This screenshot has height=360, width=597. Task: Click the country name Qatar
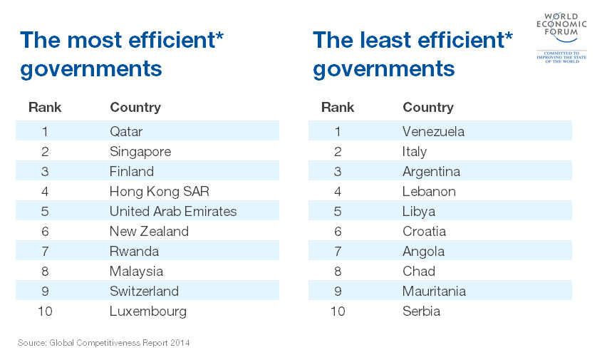pyautogui.click(x=126, y=131)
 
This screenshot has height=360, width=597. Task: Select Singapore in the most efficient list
pyautogui.click(x=140, y=151)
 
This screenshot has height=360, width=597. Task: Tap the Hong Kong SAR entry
pyautogui.click(x=160, y=191)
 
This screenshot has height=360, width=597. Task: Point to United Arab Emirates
pyautogui.click(x=173, y=211)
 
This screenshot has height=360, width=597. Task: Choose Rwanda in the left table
pyautogui.click(x=134, y=251)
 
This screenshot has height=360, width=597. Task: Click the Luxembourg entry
pyautogui.click(x=148, y=311)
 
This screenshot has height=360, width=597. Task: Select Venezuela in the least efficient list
pyautogui.click(x=433, y=131)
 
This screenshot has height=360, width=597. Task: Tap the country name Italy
pyautogui.click(x=415, y=151)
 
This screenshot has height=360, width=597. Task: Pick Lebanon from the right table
pyautogui.click(x=429, y=191)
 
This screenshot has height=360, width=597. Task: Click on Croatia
pyautogui.click(x=424, y=231)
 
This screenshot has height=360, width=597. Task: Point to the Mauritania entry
pyautogui.click(x=434, y=291)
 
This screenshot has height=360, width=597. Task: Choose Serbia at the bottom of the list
pyautogui.click(x=421, y=311)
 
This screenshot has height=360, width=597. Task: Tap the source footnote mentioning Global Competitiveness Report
pyautogui.click(x=103, y=343)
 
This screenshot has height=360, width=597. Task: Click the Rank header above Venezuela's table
pyautogui.click(x=338, y=108)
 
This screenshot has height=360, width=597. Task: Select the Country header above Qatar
pyautogui.click(x=135, y=108)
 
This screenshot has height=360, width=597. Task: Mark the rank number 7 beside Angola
pyautogui.click(x=338, y=251)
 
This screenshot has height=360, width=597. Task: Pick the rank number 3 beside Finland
pyautogui.click(x=45, y=171)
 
